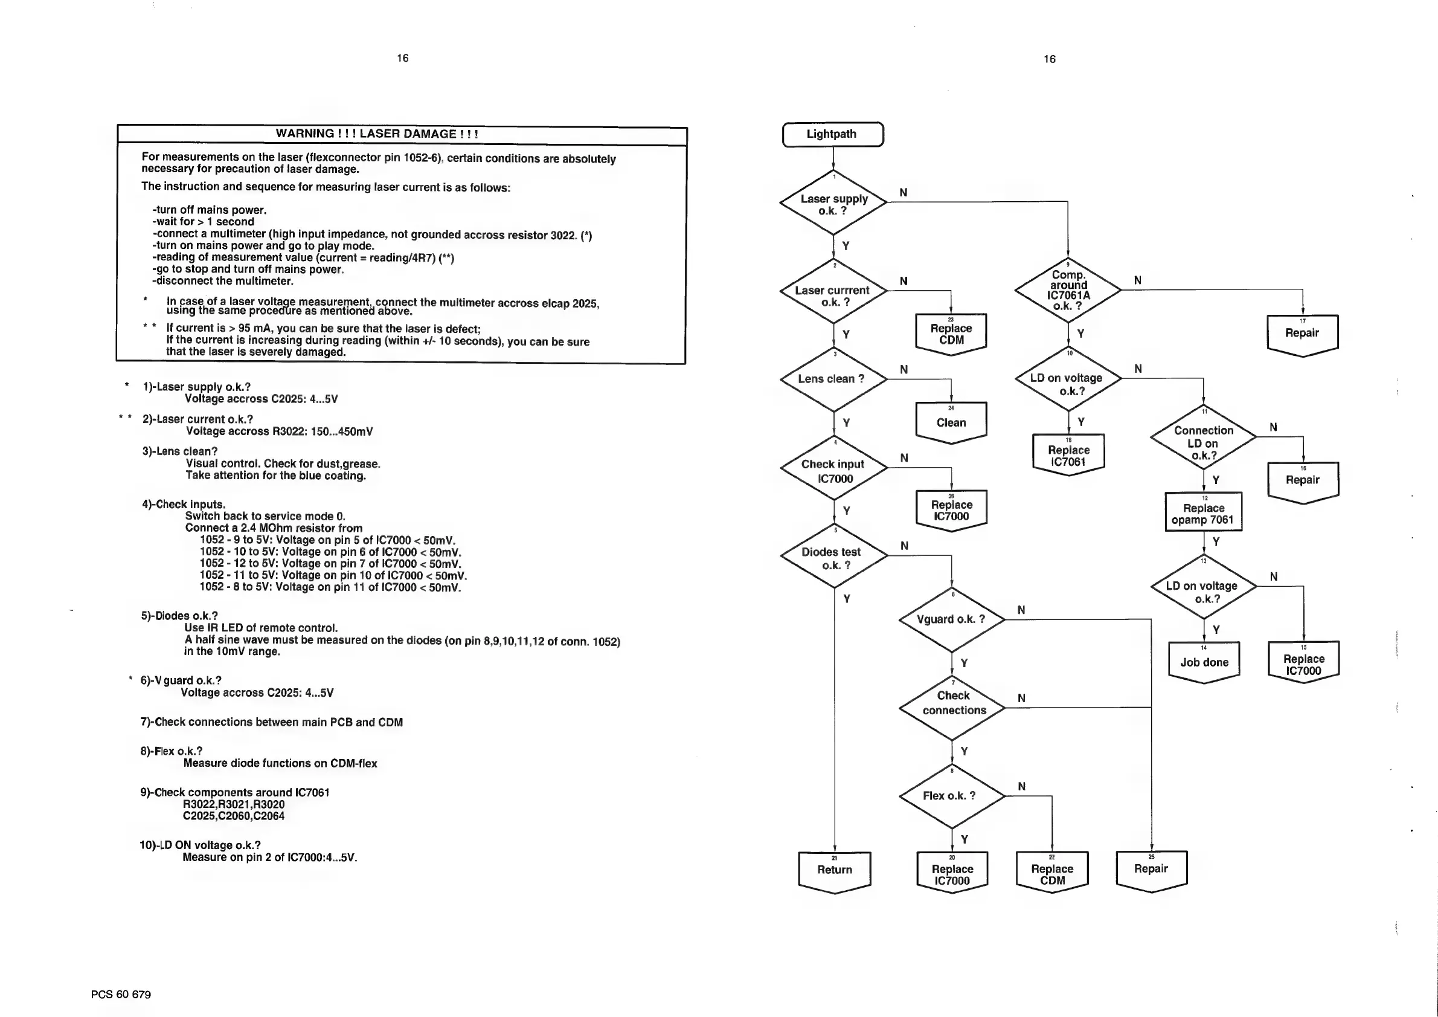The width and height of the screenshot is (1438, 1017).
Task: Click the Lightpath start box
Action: click(832, 134)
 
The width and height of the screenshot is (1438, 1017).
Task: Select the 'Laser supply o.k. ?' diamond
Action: click(833, 204)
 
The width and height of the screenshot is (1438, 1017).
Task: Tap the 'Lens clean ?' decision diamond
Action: click(833, 379)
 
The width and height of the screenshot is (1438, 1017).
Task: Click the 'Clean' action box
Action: click(951, 422)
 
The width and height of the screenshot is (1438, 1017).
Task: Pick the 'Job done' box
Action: click(1204, 662)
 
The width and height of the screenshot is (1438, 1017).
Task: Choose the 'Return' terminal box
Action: click(834, 870)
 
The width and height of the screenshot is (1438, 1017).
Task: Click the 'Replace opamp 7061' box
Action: click(1203, 513)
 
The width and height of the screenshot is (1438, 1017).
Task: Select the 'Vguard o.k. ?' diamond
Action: click(951, 619)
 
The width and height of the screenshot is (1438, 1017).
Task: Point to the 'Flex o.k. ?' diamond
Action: click(951, 796)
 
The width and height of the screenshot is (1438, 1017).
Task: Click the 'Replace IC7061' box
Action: click(1068, 455)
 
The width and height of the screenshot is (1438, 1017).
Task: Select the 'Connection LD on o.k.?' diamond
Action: click(1203, 442)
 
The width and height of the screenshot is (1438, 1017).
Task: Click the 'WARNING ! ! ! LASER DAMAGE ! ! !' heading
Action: click(377, 134)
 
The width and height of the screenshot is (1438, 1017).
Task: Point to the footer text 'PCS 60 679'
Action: click(121, 995)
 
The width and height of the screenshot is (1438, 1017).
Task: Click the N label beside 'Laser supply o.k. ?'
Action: click(903, 192)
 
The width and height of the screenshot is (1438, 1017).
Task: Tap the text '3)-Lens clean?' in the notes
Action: click(180, 451)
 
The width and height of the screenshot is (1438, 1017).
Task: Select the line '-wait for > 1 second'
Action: click(204, 222)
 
